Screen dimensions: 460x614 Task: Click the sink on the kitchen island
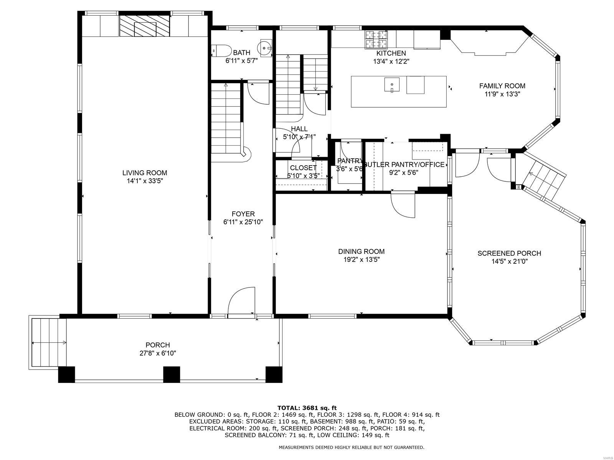pos(391,85)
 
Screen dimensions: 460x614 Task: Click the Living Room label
pos(145,173)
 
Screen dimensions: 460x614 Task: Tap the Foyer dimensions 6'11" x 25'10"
pos(243,222)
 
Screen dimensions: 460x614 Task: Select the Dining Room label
pos(361,251)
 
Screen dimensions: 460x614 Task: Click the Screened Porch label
pos(509,253)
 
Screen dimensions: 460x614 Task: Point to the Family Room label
pos(502,86)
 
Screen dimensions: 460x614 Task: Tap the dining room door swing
pos(403,205)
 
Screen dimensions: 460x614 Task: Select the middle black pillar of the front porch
pos(172,375)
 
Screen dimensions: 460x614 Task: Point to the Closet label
pos(303,168)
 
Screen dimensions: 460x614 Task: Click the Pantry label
pos(349,161)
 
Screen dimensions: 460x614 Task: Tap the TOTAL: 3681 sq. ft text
pos(307,408)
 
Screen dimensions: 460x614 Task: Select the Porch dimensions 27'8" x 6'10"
pos(157,353)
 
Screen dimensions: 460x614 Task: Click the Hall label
pos(299,129)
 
